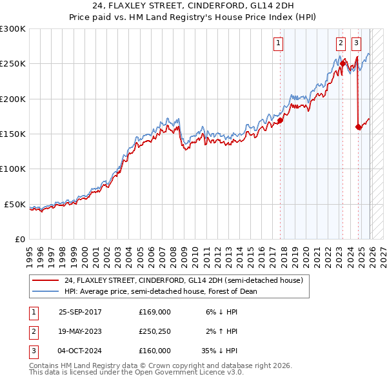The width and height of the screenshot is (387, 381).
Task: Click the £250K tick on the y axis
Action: coord(13,64)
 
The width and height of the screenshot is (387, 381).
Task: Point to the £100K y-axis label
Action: coord(13,169)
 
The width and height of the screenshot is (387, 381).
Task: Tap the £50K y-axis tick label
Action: coord(15,204)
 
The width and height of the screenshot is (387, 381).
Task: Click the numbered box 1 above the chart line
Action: coord(279,43)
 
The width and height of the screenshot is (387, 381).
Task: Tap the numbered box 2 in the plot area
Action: coord(340,43)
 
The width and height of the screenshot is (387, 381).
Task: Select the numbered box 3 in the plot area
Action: coord(356,43)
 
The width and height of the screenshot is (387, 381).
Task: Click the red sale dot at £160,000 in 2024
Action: coord(358,127)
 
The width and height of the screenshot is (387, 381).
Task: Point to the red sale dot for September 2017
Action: coord(281,121)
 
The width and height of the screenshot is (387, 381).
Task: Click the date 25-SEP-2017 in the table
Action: coord(80,312)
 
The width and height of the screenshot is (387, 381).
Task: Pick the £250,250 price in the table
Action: coord(155,331)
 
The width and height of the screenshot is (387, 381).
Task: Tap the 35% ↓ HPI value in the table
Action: coord(220,351)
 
